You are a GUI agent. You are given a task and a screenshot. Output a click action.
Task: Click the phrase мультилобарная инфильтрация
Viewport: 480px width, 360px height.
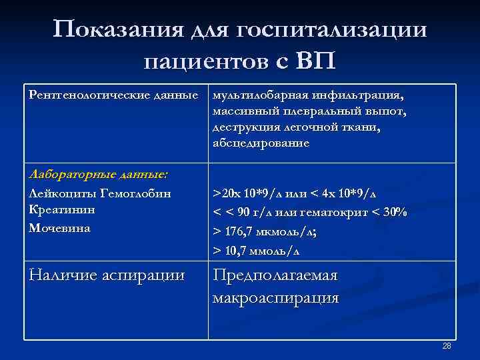pyautogui.click(x=308, y=95)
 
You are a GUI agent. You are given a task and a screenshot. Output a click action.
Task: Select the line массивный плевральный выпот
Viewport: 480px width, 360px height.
pyautogui.click(x=309, y=111)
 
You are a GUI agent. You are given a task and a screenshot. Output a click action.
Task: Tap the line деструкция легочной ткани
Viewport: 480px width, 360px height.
pyautogui.click(x=297, y=127)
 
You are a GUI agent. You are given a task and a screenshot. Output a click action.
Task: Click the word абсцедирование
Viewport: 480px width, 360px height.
pyautogui.click(x=261, y=143)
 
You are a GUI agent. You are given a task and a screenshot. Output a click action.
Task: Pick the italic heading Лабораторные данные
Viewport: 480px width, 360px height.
pyautogui.click(x=99, y=175)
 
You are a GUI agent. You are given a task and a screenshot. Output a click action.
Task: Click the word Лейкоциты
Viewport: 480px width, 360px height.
pyautogui.click(x=59, y=193)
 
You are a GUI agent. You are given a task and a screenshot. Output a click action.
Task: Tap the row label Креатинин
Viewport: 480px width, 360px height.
pyautogui.click(x=62, y=210)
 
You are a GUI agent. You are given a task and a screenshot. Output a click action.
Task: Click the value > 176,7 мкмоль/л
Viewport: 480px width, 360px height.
pyautogui.click(x=265, y=231)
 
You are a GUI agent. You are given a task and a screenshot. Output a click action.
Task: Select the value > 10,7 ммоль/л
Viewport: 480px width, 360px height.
pyautogui.click(x=256, y=251)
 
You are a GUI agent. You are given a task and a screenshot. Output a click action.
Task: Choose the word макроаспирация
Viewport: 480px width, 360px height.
pyautogui.click(x=275, y=297)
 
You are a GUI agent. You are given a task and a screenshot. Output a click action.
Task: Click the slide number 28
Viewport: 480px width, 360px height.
pyautogui.click(x=447, y=346)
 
